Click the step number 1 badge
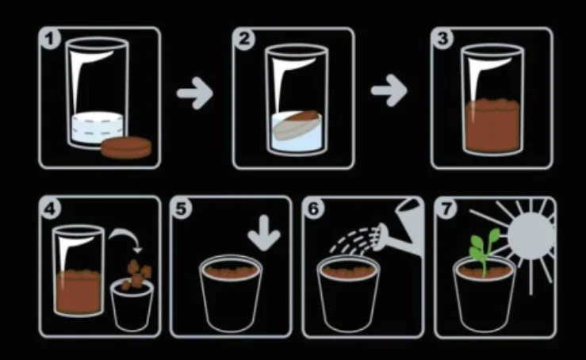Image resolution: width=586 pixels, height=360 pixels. pyautogui.click(x=50, y=39)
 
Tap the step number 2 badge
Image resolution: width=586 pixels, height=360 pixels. pyautogui.click(x=244, y=39)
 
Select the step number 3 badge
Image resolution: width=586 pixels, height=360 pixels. pyautogui.click(x=442, y=39)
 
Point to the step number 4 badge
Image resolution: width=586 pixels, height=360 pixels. pyautogui.click(x=50, y=209)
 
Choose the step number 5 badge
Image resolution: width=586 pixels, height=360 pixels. pyautogui.click(x=182, y=209)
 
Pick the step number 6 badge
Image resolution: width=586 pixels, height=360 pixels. pyautogui.click(x=313, y=209)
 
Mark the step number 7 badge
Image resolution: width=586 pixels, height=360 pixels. pyautogui.click(x=446, y=209)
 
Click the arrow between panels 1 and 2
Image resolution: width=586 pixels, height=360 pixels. pyautogui.click(x=195, y=93)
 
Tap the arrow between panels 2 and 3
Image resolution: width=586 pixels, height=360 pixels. pyautogui.click(x=389, y=90)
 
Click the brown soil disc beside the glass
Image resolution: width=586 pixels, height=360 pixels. pyautogui.click(x=127, y=147)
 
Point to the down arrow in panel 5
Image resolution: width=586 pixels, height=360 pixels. pyautogui.click(x=264, y=232)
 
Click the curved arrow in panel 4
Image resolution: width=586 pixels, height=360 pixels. pyautogui.click(x=124, y=235)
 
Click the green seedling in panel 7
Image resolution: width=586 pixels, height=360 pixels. pyautogui.click(x=484, y=251)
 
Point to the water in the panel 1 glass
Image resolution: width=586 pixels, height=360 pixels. pyautogui.click(x=98, y=127)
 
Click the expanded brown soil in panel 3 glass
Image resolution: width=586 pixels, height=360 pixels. pyautogui.click(x=492, y=124)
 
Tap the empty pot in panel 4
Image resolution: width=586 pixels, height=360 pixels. pyautogui.click(x=132, y=306)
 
